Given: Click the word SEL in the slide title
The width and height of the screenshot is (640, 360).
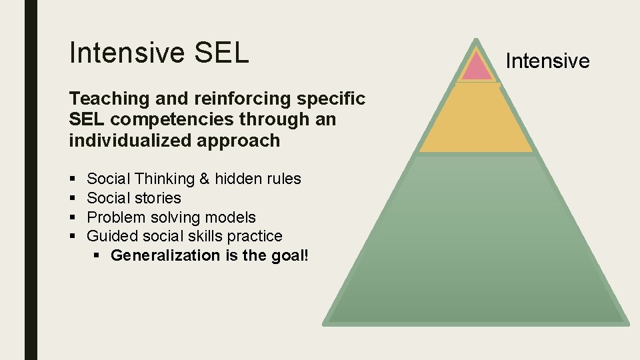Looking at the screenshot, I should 222,53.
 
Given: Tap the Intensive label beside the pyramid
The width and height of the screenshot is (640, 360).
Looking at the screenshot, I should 547,61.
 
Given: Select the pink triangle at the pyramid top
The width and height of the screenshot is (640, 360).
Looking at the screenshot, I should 477,67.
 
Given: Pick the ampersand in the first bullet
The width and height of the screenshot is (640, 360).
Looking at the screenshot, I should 204,179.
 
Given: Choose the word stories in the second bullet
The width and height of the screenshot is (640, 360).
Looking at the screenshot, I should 158,198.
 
